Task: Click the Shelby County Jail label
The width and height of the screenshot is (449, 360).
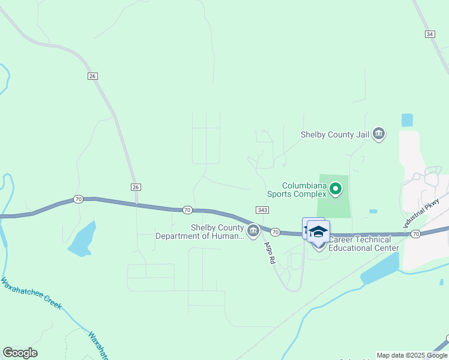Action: click(335, 134)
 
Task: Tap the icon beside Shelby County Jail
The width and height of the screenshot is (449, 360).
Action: click(379, 133)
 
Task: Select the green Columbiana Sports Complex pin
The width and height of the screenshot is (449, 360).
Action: click(336, 189)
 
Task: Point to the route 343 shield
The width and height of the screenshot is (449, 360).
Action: click(262, 209)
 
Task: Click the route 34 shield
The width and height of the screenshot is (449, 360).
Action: click(429, 34)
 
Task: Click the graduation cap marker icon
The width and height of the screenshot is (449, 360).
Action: click(318, 231)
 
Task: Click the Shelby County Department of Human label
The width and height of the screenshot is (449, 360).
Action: click(200, 232)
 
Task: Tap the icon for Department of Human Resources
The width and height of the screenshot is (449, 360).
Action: click(253, 230)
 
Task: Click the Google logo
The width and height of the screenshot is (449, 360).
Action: click(20, 353)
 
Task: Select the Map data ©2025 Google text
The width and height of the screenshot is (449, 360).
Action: click(412, 355)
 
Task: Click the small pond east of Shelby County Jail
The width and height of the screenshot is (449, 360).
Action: click(407, 120)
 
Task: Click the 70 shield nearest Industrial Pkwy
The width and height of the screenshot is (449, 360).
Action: click(415, 233)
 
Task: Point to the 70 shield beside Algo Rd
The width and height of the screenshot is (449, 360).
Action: click(275, 232)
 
